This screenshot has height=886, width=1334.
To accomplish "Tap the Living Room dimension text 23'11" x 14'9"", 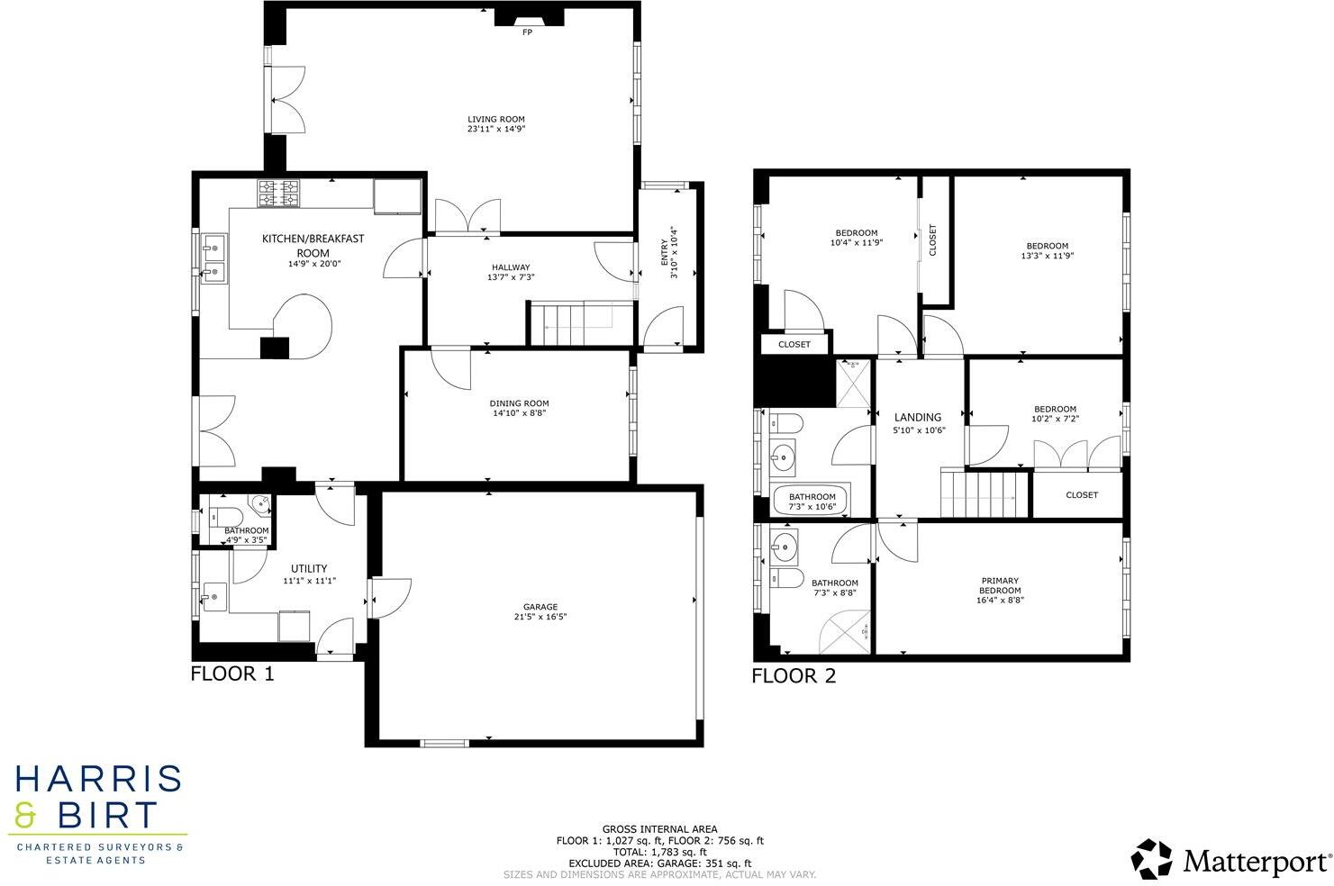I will pyautogui.click(x=495, y=130).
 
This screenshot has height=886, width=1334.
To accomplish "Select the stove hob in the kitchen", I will pyautogui.click(x=278, y=193).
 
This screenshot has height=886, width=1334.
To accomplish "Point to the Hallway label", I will pyautogui.click(x=511, y=267).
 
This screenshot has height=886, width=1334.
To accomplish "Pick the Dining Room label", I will pyautogui.click(x=519, y=403).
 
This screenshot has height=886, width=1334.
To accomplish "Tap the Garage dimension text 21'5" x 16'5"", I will pyautogui.click(x=540, y=617).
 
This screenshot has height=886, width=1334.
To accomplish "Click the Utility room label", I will pyautogui.click(x=309, y=568).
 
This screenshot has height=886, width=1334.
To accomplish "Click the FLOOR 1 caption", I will pyautogui.click(x=231, y=674).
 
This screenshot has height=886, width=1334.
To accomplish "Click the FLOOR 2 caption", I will pyautogui.click(x=794, y=676).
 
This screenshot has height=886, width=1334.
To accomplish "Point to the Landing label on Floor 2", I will pyautogui.click(x=917, y=417).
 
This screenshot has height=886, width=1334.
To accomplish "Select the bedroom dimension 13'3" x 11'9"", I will pyautogui.click(x=1048, y=256).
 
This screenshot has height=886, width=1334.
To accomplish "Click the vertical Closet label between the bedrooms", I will pyautogui.click(x=932, y=240).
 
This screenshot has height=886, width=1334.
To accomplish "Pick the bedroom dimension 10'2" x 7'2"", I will pyautogui.click(x=1055, y=419).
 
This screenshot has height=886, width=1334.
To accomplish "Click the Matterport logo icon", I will pyautogui.click(x=1152, y=859).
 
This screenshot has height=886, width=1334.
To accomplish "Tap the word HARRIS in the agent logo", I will pyautogui.click(x=98, y=781).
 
